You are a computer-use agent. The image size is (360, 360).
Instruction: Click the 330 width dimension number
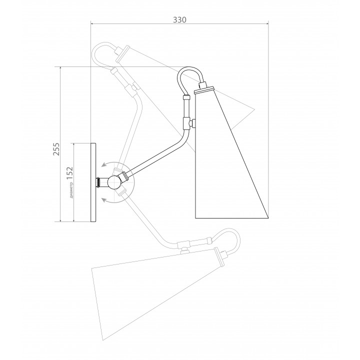[x=179, y=20]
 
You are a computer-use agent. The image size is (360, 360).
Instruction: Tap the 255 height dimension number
[x=56, y=149]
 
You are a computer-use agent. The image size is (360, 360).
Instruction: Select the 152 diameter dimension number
[x=70, y=173]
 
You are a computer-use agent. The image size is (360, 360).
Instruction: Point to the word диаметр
[x=71, y=189]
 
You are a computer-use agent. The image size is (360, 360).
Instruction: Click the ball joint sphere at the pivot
[x=114, y=182]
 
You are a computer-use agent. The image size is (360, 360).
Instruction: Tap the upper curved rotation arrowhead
[x=104, y=165]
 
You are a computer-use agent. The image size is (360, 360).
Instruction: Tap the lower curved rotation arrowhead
[x=104, y=200]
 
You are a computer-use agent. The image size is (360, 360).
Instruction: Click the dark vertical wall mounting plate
[x=93, y=182]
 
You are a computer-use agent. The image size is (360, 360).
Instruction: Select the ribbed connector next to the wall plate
[x=98, y=182]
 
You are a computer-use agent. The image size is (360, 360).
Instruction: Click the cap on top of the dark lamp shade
[x=204, y=89]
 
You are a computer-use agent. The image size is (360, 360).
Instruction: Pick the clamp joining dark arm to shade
[x=188, y=123]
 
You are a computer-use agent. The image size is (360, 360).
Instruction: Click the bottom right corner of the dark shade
[x=268, y=217]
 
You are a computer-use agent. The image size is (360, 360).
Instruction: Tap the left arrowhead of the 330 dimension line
[x=92, y=23]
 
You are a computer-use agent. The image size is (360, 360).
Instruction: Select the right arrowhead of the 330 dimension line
[x=267, y=23]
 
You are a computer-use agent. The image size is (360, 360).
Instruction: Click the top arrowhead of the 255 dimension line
[x=60, y=68]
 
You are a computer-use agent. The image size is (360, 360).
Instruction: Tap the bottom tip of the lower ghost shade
[x=103, y=340]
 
